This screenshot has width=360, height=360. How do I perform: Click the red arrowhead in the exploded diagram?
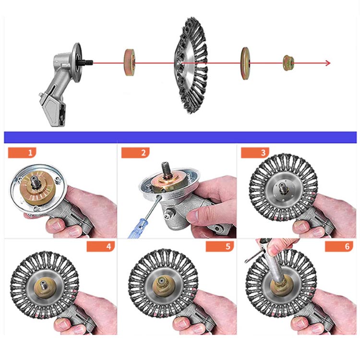[328, 63]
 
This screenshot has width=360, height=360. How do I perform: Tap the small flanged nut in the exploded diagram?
[288, 63]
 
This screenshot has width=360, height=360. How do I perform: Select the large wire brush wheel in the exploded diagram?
[191, 65]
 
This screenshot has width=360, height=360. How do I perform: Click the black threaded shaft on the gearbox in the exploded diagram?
[87, 62]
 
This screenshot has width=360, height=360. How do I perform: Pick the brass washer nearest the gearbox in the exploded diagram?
[130, 62]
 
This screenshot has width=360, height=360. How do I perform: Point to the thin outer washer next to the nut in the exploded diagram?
[245, 63]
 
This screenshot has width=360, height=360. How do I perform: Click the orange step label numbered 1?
[22, 153]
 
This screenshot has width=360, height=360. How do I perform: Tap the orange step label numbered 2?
[135, 153]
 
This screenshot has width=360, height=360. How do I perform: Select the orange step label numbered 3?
[255, 153]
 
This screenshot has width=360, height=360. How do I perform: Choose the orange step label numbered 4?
[101, 247]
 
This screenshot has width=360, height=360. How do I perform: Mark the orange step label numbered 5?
[220, 247]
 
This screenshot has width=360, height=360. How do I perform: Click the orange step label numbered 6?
[339, 247]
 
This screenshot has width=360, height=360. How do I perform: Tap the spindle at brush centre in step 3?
[281, 189]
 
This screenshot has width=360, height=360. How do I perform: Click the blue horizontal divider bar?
[180, 137]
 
